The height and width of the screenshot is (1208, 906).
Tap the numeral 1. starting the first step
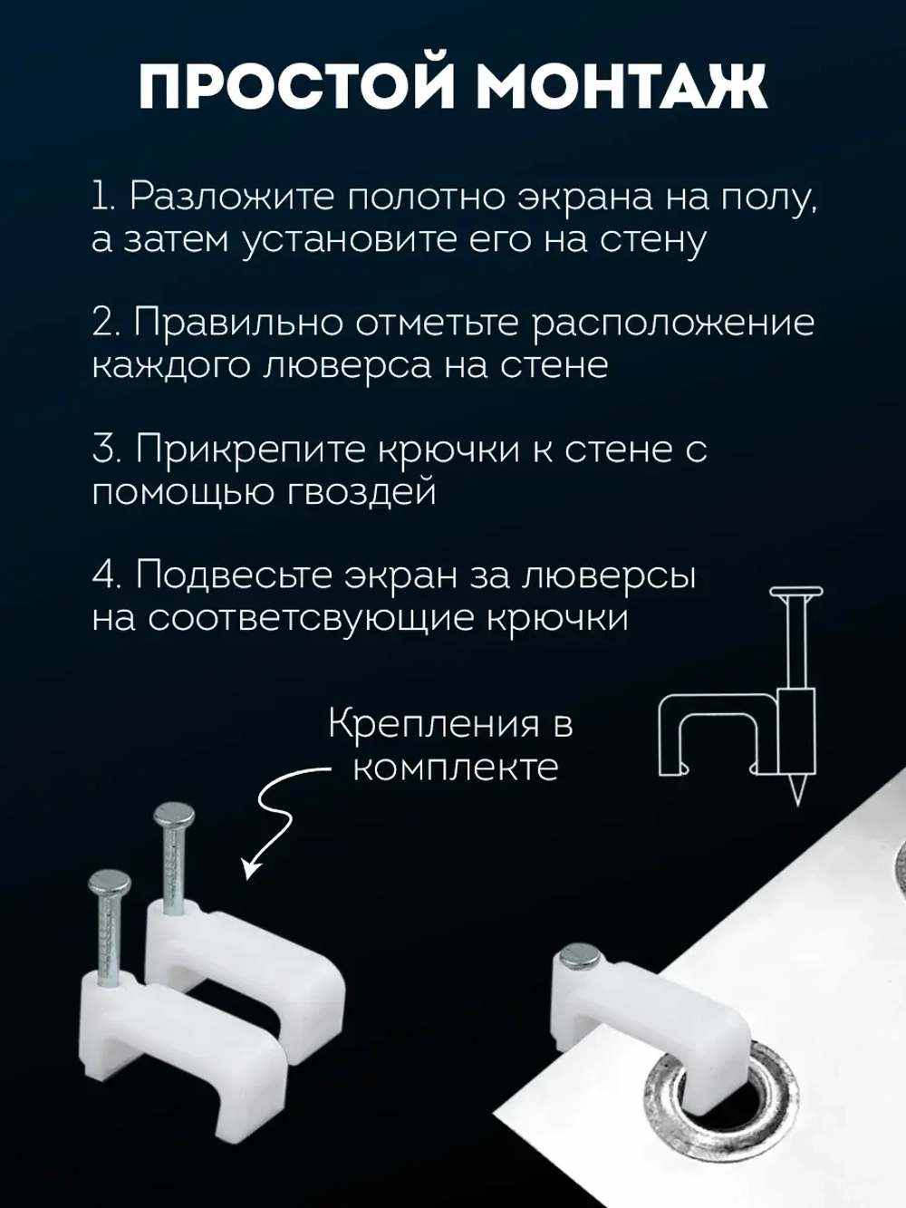tap(104, 197)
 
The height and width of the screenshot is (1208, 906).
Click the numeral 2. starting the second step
tap(108, 324)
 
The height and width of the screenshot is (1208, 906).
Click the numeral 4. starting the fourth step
tap(108, 575)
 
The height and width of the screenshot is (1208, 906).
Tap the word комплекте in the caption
tap(455, 768)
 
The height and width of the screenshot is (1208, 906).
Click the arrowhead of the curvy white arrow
tap(251, 871)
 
